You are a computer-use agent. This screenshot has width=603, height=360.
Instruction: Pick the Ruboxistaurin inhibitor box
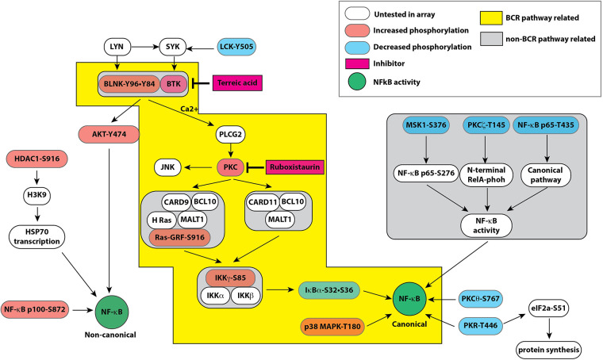pos(298,167)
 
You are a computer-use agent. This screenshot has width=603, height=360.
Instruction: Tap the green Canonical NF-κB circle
pos(407,300)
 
